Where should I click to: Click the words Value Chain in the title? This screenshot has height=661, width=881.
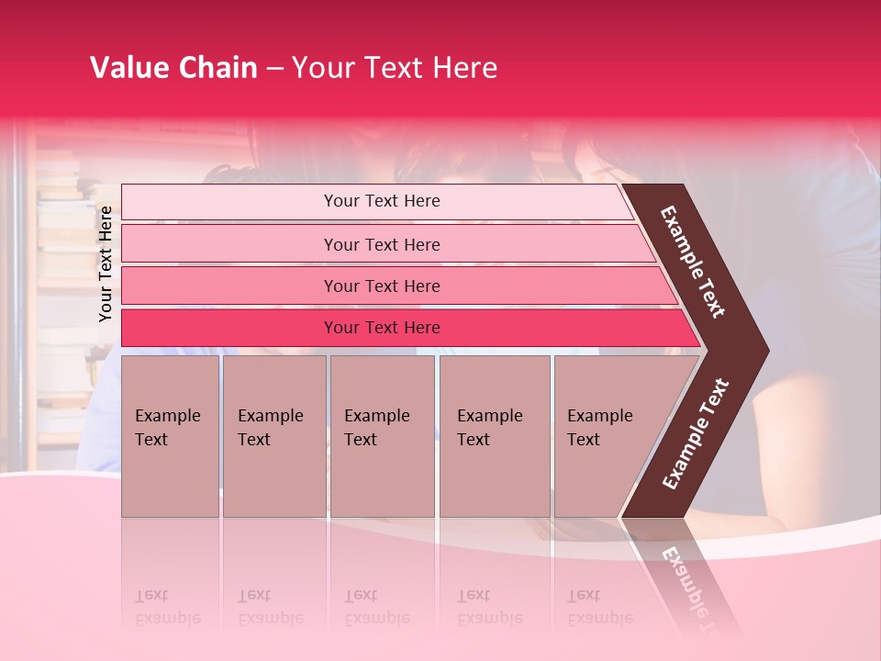173,68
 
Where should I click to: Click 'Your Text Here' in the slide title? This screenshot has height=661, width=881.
395,68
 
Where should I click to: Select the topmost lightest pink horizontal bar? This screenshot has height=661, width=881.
382,201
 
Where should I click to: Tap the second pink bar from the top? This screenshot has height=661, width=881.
382,244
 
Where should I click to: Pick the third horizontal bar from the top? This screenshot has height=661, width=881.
382,286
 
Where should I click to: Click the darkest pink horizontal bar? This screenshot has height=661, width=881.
382,328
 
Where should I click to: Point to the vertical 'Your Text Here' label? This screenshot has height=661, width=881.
106,263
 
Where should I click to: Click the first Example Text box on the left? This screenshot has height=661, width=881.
170,435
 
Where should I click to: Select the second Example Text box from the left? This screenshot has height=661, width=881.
273,435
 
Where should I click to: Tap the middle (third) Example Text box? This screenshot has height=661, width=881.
381,435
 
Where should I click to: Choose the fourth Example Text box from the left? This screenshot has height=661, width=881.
494,435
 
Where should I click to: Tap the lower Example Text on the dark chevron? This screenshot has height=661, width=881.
696,434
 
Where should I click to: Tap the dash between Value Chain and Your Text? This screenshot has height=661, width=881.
274,69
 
